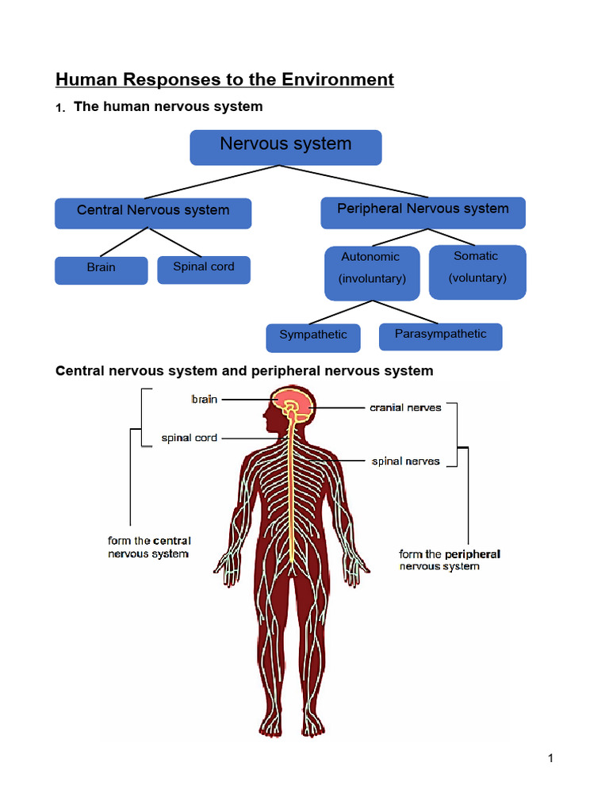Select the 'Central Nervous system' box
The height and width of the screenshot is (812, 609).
(x=153, y=213)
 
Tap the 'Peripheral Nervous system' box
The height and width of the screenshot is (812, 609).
(x=423, y=212)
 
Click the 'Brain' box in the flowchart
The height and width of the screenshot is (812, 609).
(x=101, y=270)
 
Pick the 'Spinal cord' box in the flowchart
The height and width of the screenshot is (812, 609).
(x=204, y=269)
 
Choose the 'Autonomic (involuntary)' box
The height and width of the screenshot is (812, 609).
(x=372, y=272)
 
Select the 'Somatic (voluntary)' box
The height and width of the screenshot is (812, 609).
(x=477, y=271)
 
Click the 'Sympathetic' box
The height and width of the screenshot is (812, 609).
(x=313, y=337)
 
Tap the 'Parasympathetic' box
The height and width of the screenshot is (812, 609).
(x=440, y=335)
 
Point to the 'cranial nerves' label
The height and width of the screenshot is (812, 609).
(x=405, y=408)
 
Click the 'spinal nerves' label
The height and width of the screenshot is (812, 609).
(x=405, y=461)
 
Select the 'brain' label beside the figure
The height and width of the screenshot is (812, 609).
(x=204, y=400)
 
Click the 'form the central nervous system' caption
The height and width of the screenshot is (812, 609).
(x=149, y=547)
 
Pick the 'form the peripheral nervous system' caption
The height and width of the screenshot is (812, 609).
(x=449, y=560)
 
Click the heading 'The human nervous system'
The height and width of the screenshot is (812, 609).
(x=168, y=106)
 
